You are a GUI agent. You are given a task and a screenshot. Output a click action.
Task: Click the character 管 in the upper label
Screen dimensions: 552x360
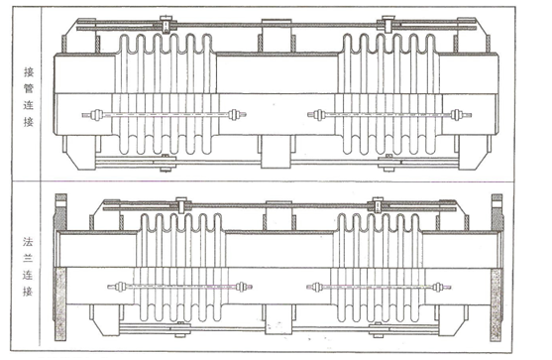29,88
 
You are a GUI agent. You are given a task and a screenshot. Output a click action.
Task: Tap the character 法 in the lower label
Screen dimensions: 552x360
28,242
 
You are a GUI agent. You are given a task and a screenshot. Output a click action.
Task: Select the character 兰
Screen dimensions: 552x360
28,258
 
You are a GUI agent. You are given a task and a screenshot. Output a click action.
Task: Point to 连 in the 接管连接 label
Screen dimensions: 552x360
29,105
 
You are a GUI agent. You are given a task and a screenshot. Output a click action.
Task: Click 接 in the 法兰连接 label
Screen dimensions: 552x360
28,292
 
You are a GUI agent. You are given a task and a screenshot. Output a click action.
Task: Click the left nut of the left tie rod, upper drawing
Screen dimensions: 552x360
96,115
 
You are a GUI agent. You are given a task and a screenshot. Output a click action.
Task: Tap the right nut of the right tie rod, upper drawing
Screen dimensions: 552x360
456,115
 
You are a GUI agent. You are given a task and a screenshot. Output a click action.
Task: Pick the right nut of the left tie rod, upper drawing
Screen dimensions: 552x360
234,115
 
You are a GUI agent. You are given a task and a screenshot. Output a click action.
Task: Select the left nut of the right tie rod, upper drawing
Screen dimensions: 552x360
319,115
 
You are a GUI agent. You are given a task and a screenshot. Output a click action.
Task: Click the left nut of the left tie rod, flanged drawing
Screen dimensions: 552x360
121,287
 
